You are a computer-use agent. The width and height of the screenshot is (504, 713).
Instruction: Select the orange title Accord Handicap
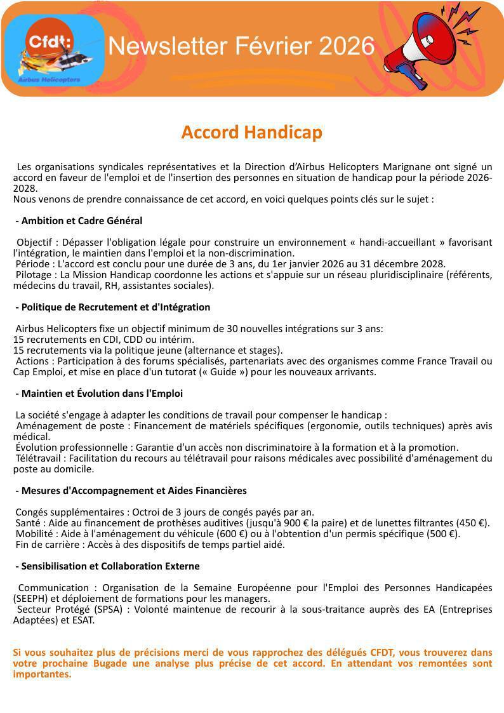click(251, 132)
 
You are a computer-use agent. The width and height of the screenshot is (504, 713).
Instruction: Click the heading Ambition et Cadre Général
click(81, 221)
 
